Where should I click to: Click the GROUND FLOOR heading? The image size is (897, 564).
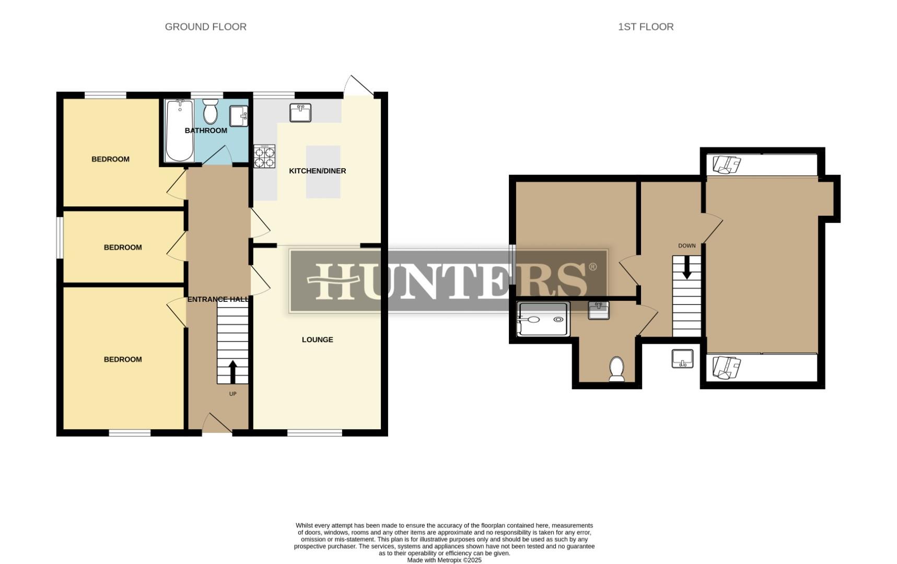[205, 27]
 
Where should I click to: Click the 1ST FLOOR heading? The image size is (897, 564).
[646, 27]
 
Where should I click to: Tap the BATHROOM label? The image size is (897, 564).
[206, 131]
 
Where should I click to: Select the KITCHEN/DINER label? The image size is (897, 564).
[318, 171]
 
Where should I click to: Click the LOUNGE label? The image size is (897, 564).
[317, 339]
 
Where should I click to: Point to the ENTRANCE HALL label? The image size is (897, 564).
[218, 299]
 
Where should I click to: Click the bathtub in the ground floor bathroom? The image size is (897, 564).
[179, 131]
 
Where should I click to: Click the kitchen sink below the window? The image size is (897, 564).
[300, 112]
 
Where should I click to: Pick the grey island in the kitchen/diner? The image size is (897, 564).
[323, 172]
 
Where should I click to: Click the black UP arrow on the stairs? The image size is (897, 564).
[232, 371]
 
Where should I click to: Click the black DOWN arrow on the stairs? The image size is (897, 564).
[686, 267]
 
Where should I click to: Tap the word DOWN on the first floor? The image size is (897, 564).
[686, 245]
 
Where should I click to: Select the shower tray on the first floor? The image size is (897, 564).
[543, 319]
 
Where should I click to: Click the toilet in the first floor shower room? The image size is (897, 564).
[617, 369]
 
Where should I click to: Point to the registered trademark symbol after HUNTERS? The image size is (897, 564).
[592, 267]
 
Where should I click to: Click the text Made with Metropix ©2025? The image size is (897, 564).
[444, 560]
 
